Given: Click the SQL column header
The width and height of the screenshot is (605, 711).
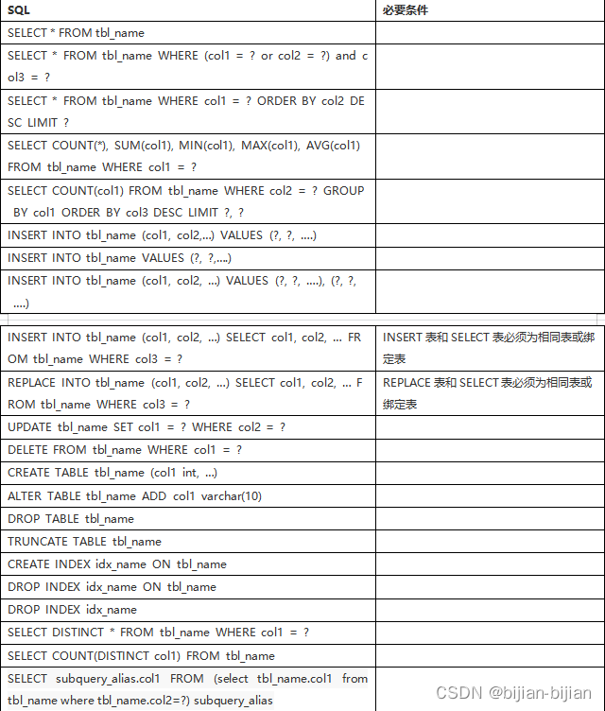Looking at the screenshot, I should (x=19, y=9).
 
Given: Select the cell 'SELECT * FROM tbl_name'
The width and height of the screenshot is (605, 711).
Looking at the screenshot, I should (x=76, y=32).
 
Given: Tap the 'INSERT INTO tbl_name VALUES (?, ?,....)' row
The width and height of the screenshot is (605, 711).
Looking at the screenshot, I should (x=120, y=257).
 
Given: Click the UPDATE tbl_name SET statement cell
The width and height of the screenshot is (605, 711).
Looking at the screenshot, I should (x=147, y=427).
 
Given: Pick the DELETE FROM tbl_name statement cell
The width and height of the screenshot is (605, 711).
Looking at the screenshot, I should (x=125, y=450).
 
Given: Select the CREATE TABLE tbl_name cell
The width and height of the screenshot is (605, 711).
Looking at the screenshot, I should (x=112, y=473).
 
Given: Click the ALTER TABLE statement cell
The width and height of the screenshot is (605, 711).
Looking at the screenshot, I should (x=134, y=495).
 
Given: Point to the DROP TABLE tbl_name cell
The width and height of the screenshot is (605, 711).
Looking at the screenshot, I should (x=71, y=518).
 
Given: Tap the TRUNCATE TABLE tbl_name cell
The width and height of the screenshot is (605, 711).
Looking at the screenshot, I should (x=84, y=541).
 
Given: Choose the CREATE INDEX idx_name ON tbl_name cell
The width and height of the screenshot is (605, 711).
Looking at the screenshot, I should (x=117, y=564).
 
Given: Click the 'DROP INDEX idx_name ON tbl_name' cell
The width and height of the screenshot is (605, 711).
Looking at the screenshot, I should (x=112, y=586).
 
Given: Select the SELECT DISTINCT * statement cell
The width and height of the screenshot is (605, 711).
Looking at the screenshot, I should (x=158, y=632).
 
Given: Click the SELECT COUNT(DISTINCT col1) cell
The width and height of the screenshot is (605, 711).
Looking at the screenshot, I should (x=141, y=655).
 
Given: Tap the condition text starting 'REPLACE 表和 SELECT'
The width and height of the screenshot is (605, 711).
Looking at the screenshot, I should (x=488, y=393).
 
